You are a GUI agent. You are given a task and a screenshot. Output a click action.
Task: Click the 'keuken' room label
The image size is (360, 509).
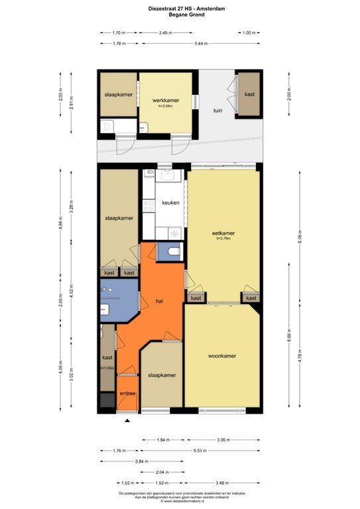tap(170, 203)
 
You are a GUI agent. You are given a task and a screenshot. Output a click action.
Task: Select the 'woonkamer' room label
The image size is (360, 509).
tap(223, 356)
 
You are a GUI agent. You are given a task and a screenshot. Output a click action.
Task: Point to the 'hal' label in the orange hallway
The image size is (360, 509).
tap(159, 301)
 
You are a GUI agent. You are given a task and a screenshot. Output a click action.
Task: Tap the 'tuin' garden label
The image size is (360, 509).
tap(217, 111)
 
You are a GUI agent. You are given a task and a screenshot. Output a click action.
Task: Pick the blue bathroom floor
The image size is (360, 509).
tap(118, 298)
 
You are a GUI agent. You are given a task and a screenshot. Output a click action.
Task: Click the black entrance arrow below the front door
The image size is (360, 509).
tap(127, 420)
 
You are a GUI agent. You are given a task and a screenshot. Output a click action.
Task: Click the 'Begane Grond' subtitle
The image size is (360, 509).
tap(180, 15)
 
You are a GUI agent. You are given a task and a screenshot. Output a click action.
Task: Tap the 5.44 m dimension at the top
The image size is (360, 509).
tap(201, 44)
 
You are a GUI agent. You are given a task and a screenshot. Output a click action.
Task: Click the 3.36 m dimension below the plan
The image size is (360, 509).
tap(223, 439)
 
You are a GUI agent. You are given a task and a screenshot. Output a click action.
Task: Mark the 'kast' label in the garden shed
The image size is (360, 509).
tap(249, 95)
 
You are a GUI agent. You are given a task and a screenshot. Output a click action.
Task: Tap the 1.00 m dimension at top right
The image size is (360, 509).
tap(249, 32)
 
